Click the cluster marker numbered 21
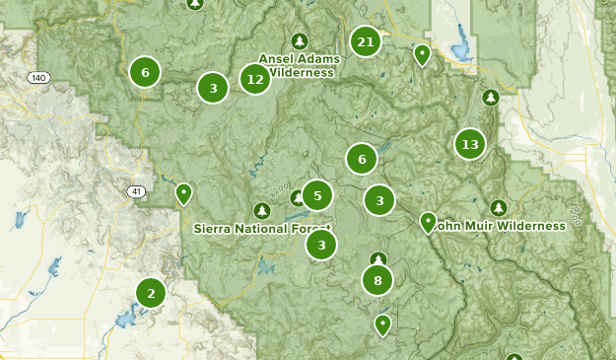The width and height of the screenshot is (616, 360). pos(366,41)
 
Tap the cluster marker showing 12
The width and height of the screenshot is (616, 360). pos(255,79)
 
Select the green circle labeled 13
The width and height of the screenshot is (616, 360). pos(470,145)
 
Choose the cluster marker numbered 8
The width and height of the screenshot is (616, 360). pos(377,280)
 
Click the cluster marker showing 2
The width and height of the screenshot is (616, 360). pos(151,292)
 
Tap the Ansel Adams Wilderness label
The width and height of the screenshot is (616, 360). pos(299,65)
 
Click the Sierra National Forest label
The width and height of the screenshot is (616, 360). pos(262,229)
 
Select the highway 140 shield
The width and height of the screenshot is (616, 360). pos(38,77)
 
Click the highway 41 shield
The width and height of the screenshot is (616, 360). pos(134,190)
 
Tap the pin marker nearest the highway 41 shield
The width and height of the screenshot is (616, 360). pos(183,193)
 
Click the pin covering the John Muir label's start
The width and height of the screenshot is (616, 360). pos(428,222)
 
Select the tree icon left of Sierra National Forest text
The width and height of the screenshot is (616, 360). pos(261,210)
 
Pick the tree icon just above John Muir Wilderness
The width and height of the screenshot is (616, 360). pos(499,208)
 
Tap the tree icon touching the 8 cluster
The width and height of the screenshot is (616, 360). pos(377,260)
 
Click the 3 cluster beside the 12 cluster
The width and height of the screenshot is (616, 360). pos(213,88)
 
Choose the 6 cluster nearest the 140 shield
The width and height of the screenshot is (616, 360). pos(145,71)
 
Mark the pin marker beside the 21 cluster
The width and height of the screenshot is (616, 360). pos(422,54)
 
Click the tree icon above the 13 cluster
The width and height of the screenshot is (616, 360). pos(490,97)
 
